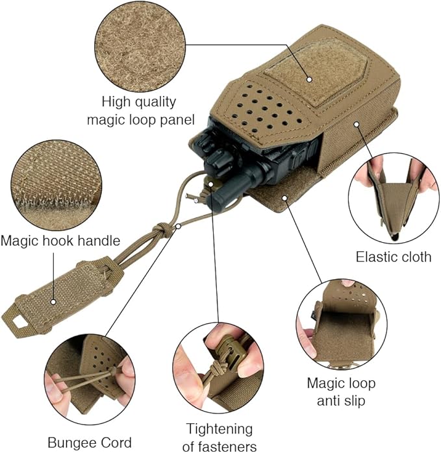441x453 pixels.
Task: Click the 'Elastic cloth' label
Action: tap(394, 257)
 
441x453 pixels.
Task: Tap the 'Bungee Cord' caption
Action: tap(90, 443)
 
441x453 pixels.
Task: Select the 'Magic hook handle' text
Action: tap(60, 240)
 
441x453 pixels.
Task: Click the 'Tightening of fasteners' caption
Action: tap(220, 437)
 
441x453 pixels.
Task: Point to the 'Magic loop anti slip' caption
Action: tap(341, 392)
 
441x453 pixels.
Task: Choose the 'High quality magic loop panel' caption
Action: tap(141, 111)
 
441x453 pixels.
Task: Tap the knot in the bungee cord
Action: tap(161, 230)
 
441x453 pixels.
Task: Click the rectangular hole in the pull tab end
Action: tap(19, 322)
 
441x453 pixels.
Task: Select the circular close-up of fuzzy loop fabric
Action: tap(140, 46)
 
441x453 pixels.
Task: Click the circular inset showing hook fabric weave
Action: tap(56, 186)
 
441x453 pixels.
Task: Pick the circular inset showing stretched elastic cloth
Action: tap(394, 198)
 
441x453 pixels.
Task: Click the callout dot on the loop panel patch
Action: tap(309, 79)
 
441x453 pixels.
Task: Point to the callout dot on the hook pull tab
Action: tap(53, 302)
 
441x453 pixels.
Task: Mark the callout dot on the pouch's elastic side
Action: tap(357, 124)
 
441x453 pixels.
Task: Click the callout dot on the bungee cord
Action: tap(179, 226)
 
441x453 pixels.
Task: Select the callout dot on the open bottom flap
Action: tap(285, 198)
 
